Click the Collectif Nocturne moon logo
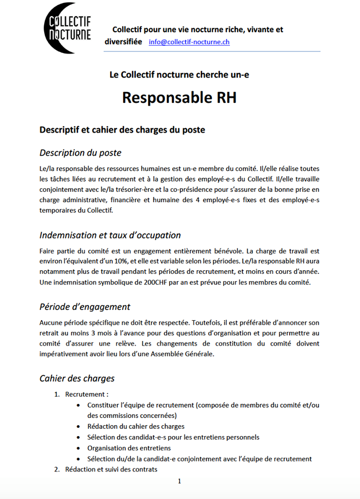pos(68,28)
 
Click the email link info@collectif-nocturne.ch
pos(189,42)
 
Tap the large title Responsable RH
pos(179,98)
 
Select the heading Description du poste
pos(80,153)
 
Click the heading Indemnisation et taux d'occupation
pos(110,235)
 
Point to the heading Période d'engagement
pos(85,307)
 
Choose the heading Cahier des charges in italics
pos(77,378)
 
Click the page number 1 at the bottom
pos(179,481)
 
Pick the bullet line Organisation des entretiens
pos(129,448)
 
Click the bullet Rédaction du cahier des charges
pos(136,426)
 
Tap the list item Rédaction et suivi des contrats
pos(111,470)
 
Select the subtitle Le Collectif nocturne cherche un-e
pos(179,74)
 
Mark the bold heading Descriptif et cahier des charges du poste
pos(122,129)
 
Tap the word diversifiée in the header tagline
pos(123,41)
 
